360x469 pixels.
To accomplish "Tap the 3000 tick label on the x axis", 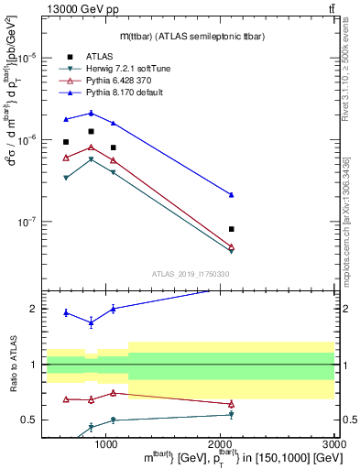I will coord(334,444).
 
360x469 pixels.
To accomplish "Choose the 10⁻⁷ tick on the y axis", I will coord(30,222).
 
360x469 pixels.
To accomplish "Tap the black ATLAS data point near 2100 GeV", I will coord(232,229).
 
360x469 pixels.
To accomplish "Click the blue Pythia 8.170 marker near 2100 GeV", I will coord(232,194).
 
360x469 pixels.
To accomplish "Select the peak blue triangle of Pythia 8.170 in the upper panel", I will coord(91,113).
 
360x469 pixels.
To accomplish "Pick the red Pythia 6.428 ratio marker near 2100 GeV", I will coord(232,404).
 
